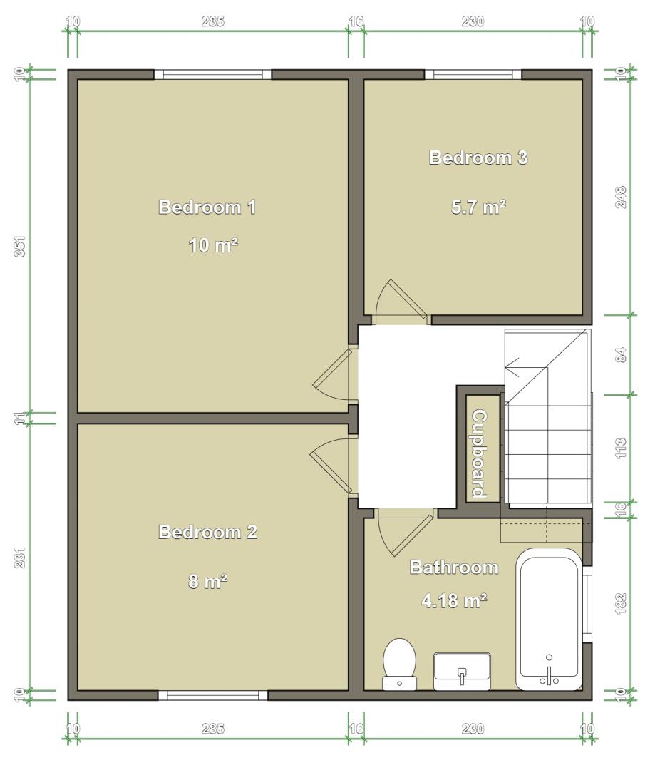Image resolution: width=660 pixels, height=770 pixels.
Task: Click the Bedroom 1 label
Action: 207,207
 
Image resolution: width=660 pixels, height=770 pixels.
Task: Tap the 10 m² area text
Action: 214,245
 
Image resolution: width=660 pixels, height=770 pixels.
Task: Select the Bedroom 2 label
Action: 207,532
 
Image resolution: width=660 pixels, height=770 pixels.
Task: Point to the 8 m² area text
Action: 207,582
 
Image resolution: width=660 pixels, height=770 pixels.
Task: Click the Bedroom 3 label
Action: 478,158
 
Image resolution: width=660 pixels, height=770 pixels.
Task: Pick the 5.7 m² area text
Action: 479,207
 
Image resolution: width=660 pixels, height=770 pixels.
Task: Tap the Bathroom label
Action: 454,568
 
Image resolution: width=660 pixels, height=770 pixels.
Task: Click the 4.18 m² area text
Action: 454,600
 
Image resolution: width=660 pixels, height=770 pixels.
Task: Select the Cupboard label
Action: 479,454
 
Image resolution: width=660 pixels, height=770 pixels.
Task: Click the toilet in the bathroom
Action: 400,664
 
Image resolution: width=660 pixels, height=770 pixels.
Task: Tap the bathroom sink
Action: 462,672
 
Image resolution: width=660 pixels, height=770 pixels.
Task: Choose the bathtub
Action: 549,620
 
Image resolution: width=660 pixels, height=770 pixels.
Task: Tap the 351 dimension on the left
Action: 20,246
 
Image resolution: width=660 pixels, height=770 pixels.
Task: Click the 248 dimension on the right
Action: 622,197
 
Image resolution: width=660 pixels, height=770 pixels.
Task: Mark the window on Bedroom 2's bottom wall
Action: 212,695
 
